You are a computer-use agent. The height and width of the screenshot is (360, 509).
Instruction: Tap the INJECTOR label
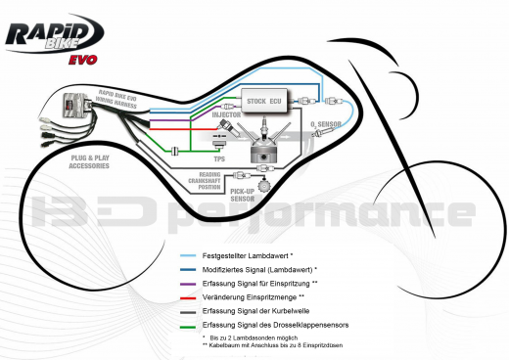228,115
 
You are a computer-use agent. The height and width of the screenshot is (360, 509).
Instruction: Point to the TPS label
220,157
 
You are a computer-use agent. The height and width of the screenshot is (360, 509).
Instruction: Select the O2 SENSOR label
326,124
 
